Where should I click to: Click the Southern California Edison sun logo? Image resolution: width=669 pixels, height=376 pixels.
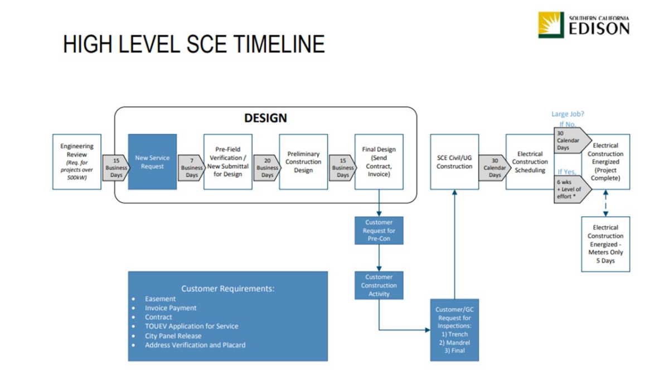click(551, 25)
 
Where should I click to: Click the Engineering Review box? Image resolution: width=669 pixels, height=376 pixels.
click(77, 162)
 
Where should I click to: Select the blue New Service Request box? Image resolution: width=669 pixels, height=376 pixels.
click(152, 162)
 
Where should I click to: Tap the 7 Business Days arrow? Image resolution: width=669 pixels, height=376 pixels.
click(191, 168)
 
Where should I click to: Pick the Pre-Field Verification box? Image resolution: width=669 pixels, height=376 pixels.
click(227, 162)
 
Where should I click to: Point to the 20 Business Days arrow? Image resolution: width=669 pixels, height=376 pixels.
click(267, 168)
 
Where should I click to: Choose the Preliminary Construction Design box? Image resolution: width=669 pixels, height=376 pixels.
click(303, 162)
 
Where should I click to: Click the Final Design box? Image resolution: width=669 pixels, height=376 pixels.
click(379, 162)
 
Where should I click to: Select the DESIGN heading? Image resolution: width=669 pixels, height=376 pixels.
click(265, 118)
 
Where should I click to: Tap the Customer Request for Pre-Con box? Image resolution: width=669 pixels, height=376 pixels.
click(379, 231)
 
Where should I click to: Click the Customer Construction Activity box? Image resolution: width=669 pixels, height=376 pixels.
click(379, 285)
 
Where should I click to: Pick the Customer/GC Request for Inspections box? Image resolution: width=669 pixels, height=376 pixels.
click(454, 330)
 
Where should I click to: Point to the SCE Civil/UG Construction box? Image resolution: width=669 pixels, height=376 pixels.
click(454, 162)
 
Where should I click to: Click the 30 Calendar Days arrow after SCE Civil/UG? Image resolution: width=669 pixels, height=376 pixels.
click(495, 168)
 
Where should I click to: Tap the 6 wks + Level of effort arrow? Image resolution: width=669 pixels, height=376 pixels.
click(571, 189)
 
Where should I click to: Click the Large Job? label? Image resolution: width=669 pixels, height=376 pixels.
click(568, 114)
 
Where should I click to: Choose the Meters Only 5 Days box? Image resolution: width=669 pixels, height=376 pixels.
click(605, 244)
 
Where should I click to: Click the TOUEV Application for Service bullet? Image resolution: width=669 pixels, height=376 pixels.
click(191, 326)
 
